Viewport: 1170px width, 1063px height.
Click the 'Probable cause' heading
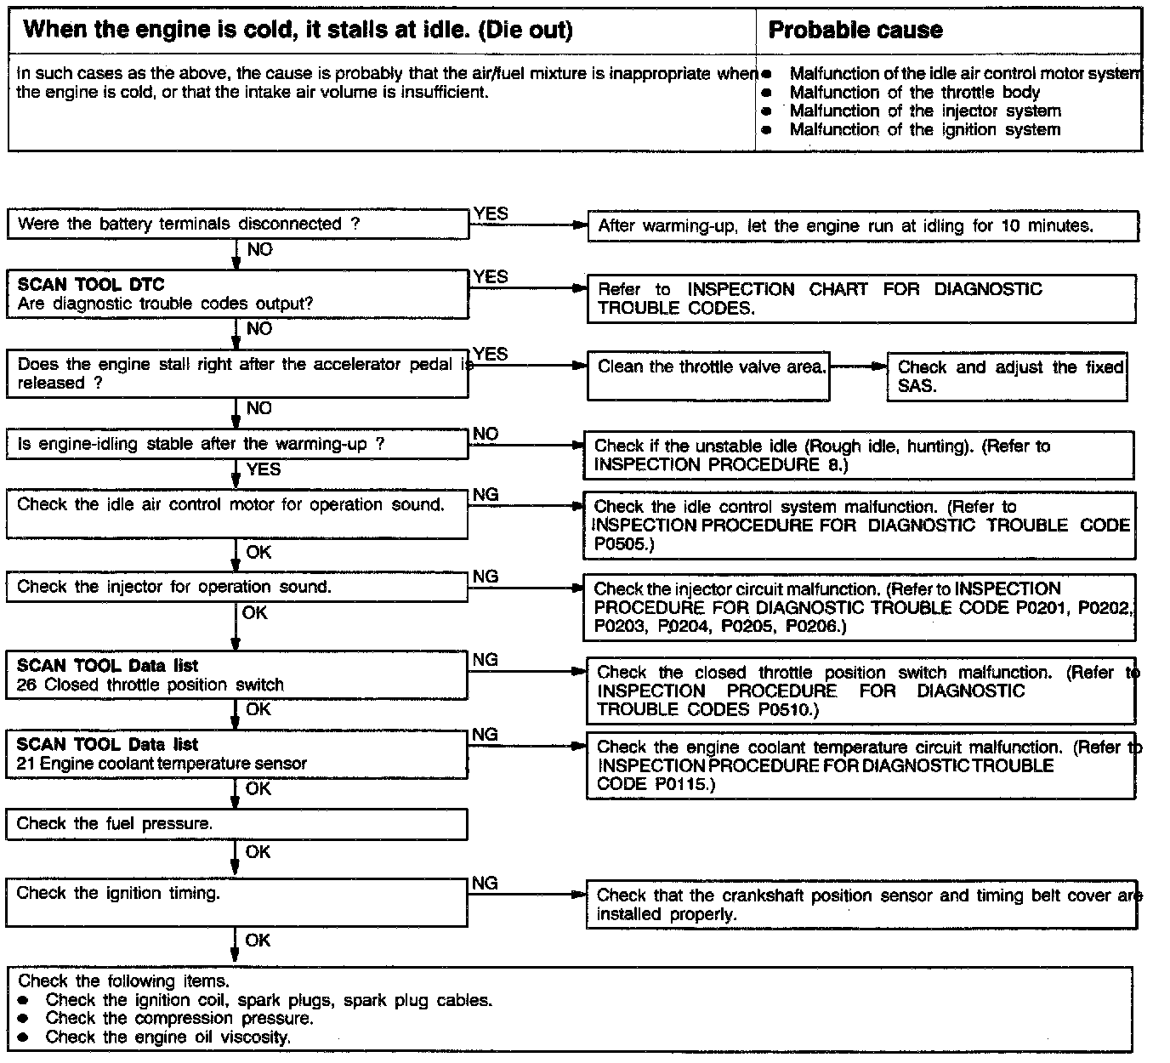855,31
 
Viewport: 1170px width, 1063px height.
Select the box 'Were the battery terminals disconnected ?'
237,225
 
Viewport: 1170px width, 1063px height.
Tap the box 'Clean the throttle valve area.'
708,375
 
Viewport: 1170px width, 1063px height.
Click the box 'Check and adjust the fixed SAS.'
1007,377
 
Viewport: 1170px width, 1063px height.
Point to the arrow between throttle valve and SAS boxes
858,367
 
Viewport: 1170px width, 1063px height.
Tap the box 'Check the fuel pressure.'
236,824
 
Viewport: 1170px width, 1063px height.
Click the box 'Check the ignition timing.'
236,902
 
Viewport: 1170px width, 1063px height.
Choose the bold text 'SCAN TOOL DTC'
91,285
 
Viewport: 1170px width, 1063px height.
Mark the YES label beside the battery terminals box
491,213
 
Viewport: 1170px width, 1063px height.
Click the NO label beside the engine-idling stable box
486,434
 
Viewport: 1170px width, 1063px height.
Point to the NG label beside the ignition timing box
486,883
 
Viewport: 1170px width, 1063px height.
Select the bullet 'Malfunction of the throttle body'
914,93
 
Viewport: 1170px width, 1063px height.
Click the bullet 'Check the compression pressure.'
179,1018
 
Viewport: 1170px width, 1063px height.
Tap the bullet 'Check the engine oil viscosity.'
168,1037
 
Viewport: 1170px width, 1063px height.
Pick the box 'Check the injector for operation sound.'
236,588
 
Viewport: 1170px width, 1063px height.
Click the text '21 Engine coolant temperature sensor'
162,764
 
